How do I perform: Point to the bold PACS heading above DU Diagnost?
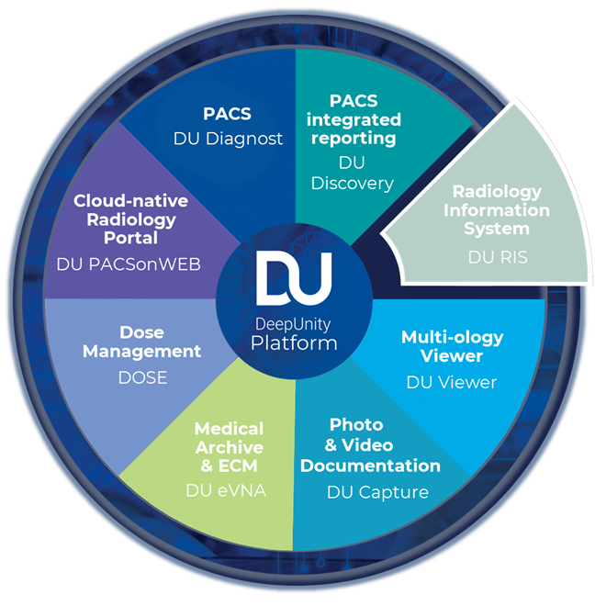tap(229, 115)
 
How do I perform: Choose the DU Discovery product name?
tap(365, 173)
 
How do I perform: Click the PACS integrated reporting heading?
tap(365, 118)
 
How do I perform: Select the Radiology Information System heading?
tap(496, 210)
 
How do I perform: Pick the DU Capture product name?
tap(377, 492)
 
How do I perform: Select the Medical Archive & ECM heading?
tap(229, 447)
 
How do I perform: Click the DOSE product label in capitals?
tap(142, 376)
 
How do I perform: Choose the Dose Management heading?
tap(148, 342)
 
